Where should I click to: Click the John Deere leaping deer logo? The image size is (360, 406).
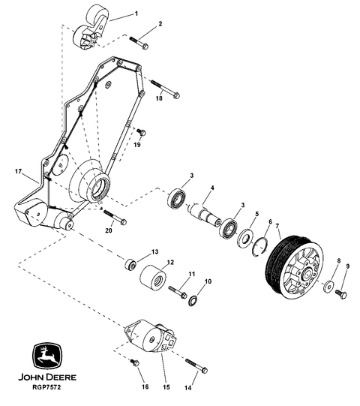47,356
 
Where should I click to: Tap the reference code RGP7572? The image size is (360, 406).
47,388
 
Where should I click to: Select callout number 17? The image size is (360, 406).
18,171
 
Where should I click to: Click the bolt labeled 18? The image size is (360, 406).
165,89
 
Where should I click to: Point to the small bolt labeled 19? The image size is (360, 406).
141,132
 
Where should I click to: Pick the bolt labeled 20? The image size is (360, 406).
115,217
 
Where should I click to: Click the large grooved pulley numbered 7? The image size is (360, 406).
295,267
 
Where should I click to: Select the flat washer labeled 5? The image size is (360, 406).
244,237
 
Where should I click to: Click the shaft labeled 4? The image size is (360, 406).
204,214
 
